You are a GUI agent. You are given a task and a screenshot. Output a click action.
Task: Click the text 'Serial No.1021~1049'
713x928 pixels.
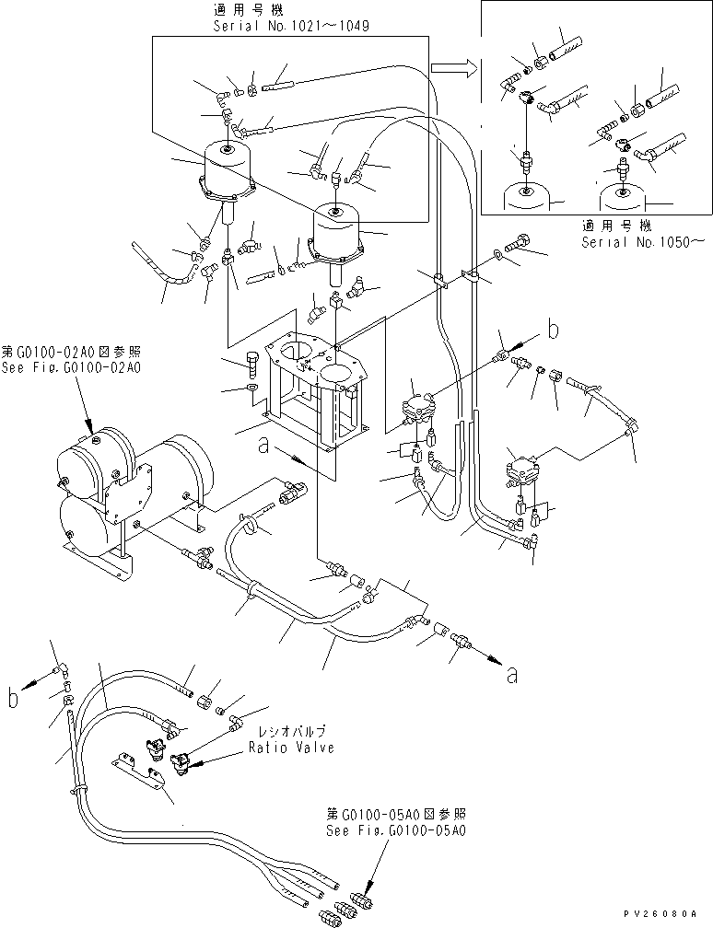coord(290,27)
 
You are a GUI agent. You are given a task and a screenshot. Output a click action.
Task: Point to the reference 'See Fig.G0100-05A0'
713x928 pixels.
coord(397,829)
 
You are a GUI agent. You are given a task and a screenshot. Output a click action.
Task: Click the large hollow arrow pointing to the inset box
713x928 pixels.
coord(454,67)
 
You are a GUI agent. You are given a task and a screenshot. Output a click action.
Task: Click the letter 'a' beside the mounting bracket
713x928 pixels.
coord(264,445)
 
